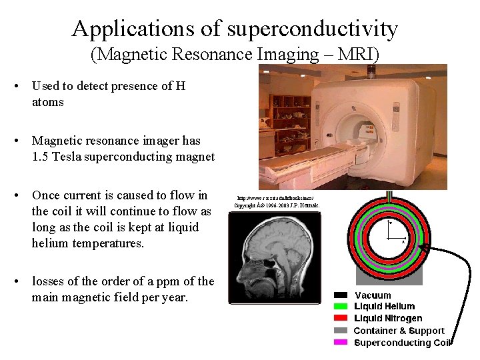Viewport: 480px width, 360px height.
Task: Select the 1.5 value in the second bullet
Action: point(41,157)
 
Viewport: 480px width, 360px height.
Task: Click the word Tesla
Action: point(69,157)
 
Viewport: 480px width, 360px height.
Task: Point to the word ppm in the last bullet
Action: point(170,281)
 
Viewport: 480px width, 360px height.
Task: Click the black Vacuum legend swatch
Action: point(341,295)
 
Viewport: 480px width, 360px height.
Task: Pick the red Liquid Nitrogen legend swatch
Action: point(341,319)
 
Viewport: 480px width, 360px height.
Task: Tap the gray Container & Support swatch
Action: point(341,331)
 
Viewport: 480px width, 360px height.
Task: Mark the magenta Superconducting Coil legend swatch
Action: point(341,343)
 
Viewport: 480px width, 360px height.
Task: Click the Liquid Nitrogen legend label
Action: point(388,319)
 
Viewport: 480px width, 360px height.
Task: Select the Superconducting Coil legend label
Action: point(402,343)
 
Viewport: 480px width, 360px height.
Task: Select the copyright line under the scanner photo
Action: point(277,205)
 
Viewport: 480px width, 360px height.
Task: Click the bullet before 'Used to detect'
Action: point(23,86)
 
